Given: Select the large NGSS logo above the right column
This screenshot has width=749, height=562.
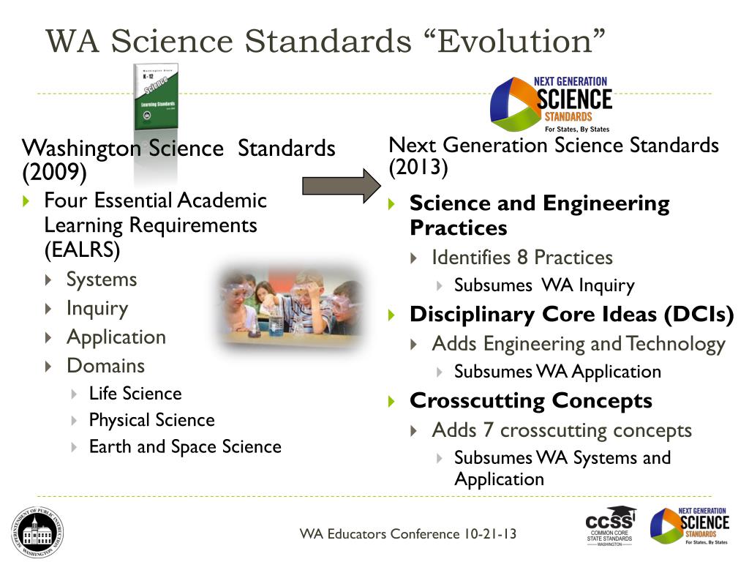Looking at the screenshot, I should click(550, 102).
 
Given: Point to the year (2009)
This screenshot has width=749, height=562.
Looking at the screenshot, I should click(54, 173).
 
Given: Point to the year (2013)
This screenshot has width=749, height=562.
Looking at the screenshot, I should click(418, 168).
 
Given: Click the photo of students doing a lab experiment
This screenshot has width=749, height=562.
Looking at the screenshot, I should click(290, 304).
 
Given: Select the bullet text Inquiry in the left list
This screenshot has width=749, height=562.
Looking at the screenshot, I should click(97, 308).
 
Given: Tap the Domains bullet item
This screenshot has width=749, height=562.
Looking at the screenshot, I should click(105, 365).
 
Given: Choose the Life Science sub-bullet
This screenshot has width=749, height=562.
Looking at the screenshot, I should click(135, 394).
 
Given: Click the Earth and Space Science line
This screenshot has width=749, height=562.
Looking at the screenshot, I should click(184, 446).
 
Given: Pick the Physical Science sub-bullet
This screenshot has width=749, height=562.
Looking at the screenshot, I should click(151, 420).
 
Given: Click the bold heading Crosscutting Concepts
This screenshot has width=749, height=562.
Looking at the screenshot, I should click(531, 400).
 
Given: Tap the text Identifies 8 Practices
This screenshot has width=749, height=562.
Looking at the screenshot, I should click(522, 258).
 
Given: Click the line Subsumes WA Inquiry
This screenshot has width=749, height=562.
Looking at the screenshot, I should click(544, 285).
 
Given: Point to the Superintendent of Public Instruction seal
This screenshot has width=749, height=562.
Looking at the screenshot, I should click(37, 532).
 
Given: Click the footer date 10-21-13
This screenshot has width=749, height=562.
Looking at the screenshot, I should click(489, 533).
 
